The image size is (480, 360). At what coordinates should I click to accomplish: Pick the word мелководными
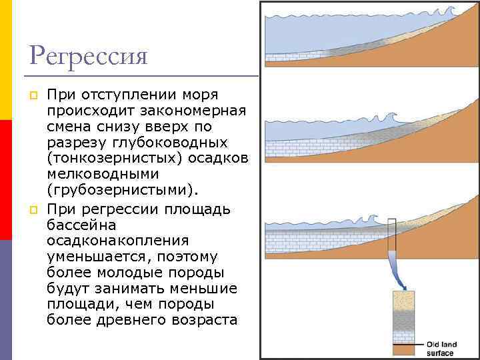pyautogui.click(x=102, y=175)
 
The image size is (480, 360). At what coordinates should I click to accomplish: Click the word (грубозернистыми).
pyautogui.click(x=123, y=191)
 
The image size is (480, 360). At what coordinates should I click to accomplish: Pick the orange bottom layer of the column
pyautogui.click(x=403, y=351)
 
